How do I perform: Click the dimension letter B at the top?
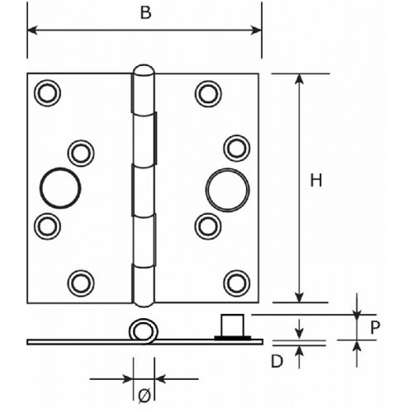pos(145,13)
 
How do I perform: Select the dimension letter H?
pos(316,180)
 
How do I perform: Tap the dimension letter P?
pos(375,328)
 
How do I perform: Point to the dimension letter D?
pos(277,361)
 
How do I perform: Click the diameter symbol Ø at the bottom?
pos(145,396)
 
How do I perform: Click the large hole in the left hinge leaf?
pos(60,188)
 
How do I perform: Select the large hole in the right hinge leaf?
pos(227,190)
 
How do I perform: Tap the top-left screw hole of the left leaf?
pos(47,93)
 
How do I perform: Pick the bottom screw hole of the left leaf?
pos(81,283)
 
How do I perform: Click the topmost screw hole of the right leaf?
pos(208,93)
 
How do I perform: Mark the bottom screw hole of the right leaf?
pos(237,283)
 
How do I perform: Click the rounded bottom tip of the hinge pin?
pos(144,303)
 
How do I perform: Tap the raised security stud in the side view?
pos(233,326)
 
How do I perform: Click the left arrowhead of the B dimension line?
pos(32,30)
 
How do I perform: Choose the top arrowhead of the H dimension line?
pos(299,78)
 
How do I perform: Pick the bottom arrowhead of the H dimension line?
pos(299,297)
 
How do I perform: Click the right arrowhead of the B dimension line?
pos(256,30)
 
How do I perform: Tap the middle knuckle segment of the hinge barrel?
pos(143,190)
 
